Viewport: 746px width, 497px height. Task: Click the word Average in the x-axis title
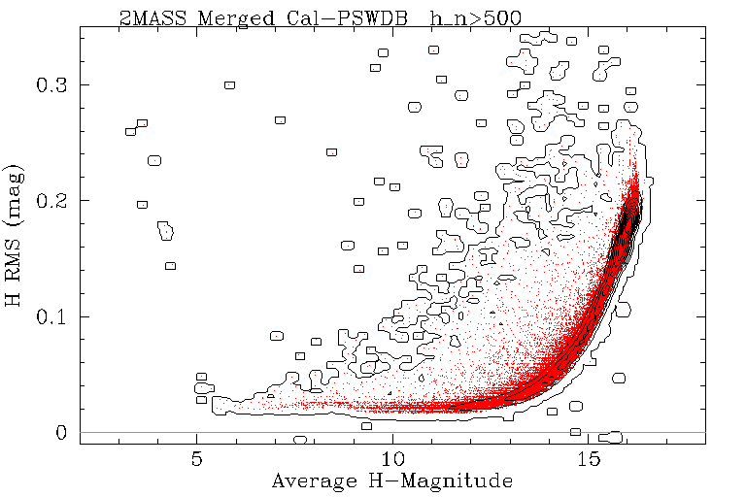click(x=311, y=480)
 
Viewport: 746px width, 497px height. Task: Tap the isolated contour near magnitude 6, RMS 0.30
click(x=230, y=84)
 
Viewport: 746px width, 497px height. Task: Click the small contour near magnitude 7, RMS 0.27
click(x=280, y=119)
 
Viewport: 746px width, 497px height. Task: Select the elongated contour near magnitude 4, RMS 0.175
click(x=166, y=230)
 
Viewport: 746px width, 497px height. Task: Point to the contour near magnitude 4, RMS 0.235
click(x=153, y=160)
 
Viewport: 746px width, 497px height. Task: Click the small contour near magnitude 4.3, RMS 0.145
click(x=170, y=265)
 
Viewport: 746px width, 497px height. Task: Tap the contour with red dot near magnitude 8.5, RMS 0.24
click(x=331, y=152)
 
